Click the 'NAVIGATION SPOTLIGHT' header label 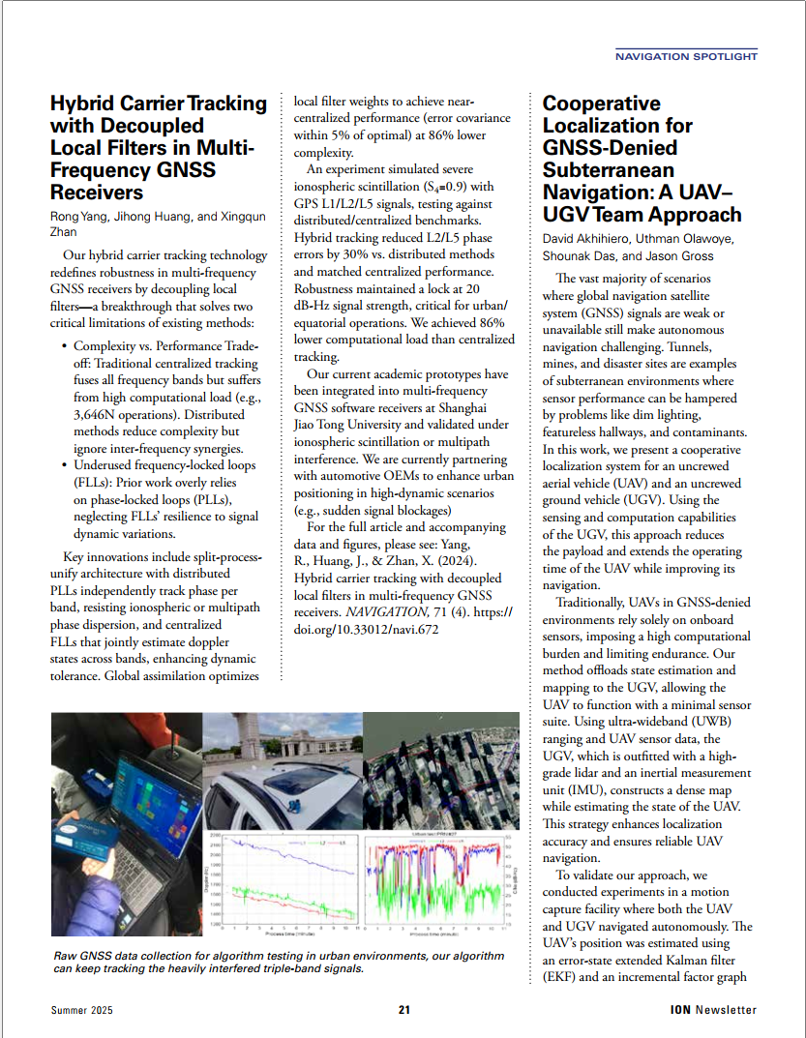(686, 57)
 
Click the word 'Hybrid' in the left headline (84, 104)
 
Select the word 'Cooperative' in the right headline (601, 104)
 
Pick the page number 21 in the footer (403, 1010)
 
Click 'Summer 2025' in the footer (82, 1010)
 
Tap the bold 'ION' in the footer (680, 1010)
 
